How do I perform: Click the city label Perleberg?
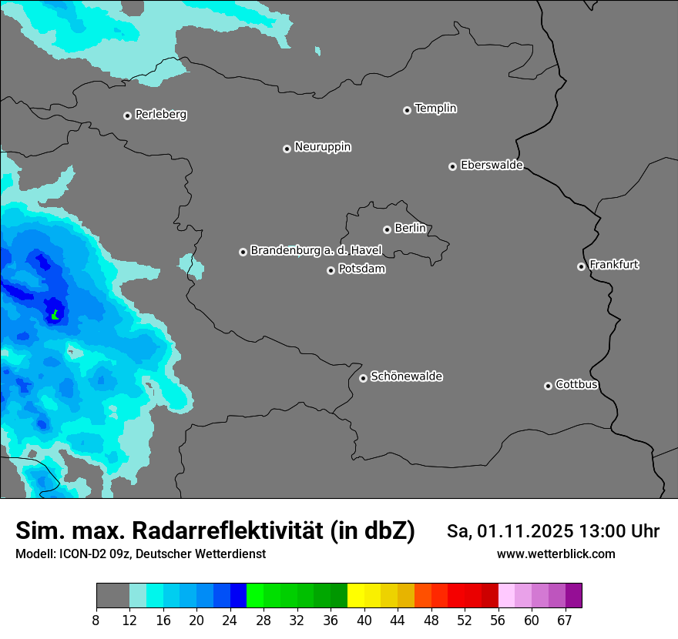click(x=160, y=115)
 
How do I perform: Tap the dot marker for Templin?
click(x=407, y=110)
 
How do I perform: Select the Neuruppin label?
click(x=322, y=147)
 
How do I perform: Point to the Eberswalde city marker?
click(x=452, y=166)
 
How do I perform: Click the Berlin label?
click(x=410, y=229)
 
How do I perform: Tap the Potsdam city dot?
click(x=331, y=270)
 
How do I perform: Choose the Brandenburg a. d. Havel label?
click(x=316, y=251)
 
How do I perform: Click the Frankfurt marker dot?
click(x=581, y=267)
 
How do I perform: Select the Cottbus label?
click(x=576, y=385)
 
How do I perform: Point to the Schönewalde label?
click(x=406, y=376)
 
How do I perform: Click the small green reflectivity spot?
click(x=55, y=314)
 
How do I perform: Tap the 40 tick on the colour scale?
click(x=365, y=621)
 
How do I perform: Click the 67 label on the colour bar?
click(x=565, y=621)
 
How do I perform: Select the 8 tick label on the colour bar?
click(x=96, y=621)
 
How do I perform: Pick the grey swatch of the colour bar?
click(x=112, y=596)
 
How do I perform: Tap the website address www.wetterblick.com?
click(x=555, y=554)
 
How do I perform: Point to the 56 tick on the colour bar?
click(x=498, y=621)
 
